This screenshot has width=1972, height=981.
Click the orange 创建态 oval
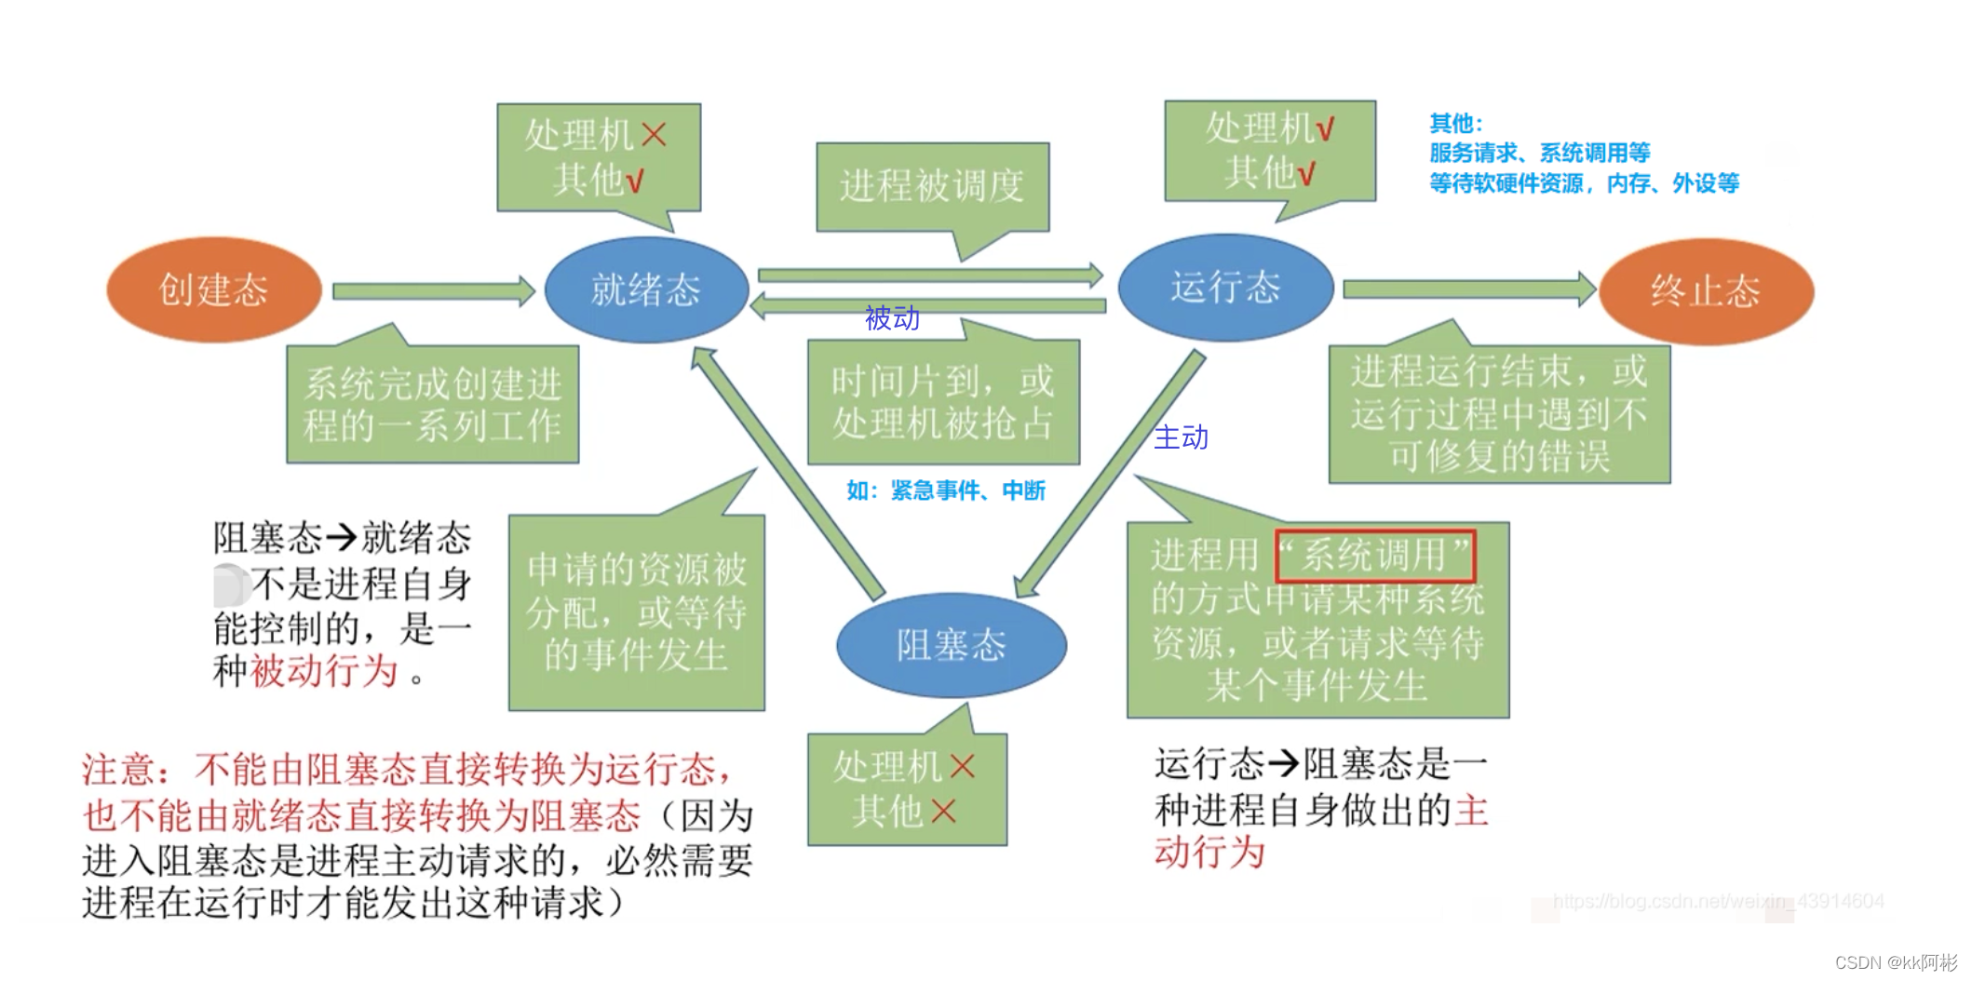(214, 290)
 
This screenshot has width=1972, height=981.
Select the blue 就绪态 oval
(646, 290)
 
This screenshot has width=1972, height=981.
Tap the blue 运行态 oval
(1225, 288)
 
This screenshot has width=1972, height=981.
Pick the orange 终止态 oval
(1706, 291)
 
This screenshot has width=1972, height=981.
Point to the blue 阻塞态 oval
(951, 645)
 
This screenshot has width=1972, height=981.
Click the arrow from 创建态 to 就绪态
(433, 291)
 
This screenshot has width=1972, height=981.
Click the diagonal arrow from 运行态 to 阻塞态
(1108, 475)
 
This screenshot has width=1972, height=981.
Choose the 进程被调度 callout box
(932, 186)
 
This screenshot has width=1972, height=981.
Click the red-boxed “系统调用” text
(1375, 556)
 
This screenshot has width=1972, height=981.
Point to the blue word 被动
(892, 318)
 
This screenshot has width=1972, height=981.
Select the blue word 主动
(1181, 437)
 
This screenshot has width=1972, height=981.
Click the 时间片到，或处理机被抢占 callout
(943, 402)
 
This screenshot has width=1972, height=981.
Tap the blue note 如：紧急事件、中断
(946, 490)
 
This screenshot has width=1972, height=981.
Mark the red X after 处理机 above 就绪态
(655, 135)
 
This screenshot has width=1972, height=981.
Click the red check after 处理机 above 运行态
(1324, 128)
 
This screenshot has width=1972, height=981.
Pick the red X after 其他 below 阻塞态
(943, 812)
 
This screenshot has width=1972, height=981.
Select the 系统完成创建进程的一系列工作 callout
(432, 405)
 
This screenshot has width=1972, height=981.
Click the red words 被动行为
(324, 671)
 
